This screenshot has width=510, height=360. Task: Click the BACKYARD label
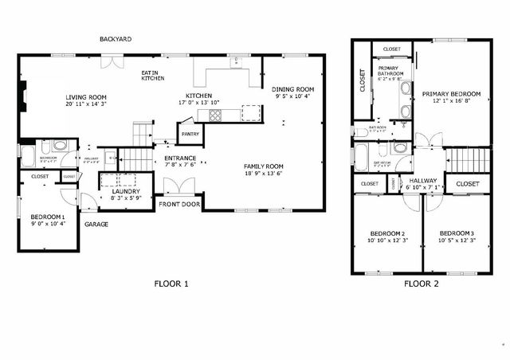[x=116, y=39]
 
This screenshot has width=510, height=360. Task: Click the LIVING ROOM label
[x=86, y=97]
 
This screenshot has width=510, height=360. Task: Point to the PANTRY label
[x=190, y=135]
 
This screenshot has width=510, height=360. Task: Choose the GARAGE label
[x=96, y=224]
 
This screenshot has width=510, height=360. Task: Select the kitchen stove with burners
[x=215, y=116]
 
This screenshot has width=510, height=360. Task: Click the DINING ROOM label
[x=292, y=89]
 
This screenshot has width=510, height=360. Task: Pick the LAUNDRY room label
[x=126, y=192]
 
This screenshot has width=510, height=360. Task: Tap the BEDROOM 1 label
[x=48, y=217]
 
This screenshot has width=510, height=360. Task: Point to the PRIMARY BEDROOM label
[x=451, y=93]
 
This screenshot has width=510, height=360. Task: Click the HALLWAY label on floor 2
[x=422, y=181]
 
